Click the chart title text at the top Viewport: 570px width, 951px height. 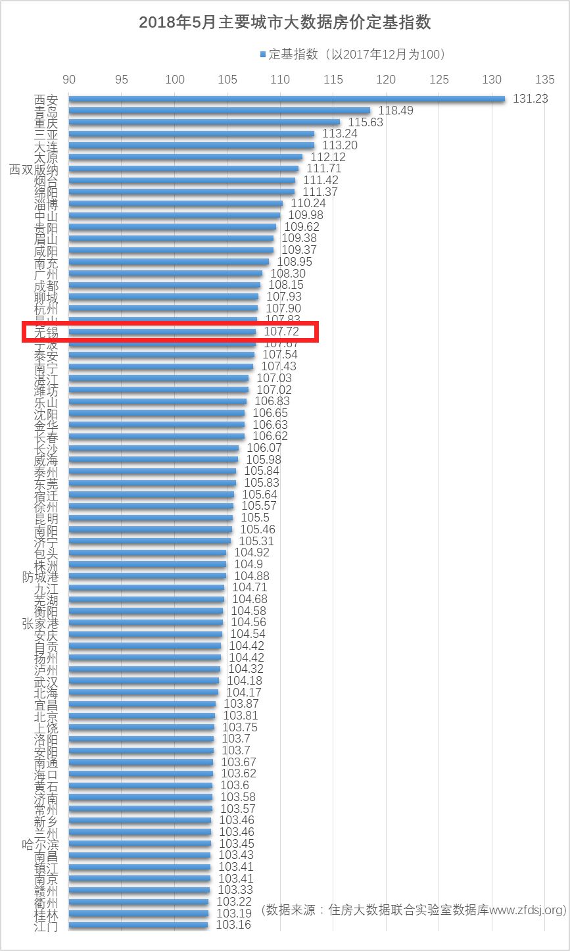[285, 22]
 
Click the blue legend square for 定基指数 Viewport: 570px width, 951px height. [262, 54]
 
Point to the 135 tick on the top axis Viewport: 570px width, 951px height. [545, 80]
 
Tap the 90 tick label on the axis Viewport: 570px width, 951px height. [68, 80]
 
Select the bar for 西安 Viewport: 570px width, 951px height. [286, 99]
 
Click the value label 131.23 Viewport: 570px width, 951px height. [530, 99]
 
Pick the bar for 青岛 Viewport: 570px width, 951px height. [219, 110]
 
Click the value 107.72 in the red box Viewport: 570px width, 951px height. [281, 332]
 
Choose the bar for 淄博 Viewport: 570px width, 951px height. [176, 204]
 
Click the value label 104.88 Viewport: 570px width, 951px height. [252, 576]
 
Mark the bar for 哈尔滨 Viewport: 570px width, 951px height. [139, 844]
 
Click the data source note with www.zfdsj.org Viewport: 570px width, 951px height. [414, 910]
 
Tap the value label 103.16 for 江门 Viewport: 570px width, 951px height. [233, 925]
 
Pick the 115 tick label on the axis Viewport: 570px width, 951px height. [333, 80]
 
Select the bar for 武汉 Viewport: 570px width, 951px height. [143, 681]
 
